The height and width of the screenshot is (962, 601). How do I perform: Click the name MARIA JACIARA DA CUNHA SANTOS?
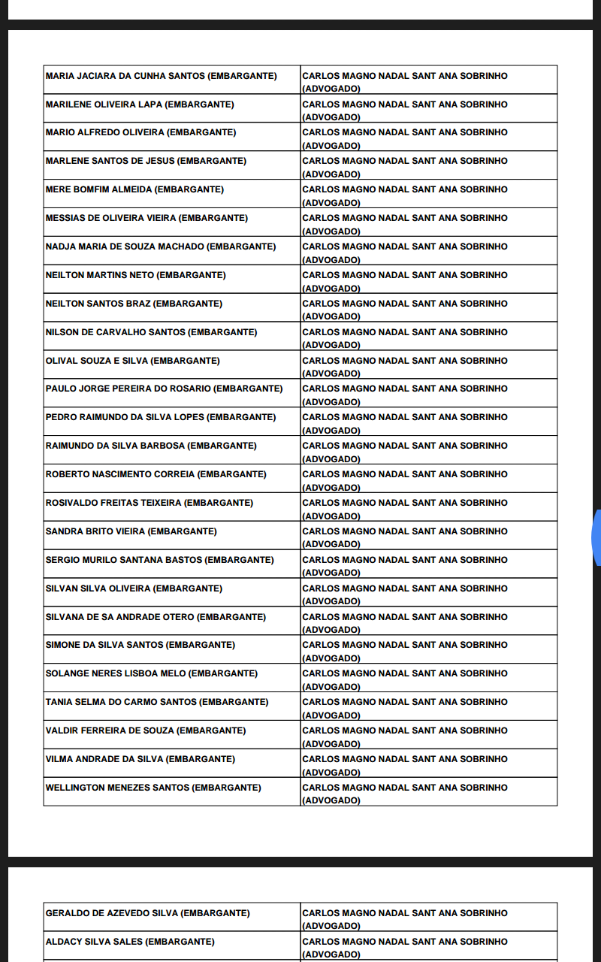[125, 76]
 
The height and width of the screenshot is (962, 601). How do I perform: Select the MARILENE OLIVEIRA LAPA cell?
[104, 104]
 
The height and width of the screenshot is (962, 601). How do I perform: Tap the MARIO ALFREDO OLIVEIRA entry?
[105, 132]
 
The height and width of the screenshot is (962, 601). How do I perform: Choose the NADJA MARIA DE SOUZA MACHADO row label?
[125, 247]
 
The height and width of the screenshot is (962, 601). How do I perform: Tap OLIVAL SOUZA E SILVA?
[97, 361]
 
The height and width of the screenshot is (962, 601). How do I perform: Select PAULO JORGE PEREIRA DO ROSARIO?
[128, 389]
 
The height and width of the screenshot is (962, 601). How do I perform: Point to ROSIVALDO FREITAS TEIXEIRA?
[113, 503]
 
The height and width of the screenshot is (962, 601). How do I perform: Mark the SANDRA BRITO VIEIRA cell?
[95, 531]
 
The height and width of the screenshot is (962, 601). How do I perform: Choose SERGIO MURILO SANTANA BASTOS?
[124, 560]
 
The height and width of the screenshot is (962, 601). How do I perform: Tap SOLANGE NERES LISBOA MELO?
[116, 673]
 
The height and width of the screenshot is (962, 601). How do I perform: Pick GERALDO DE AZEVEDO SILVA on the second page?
[112, 913]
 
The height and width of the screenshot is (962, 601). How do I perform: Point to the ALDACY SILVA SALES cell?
[94, 942]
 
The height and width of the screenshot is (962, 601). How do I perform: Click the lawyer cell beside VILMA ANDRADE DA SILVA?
[428, 764]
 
